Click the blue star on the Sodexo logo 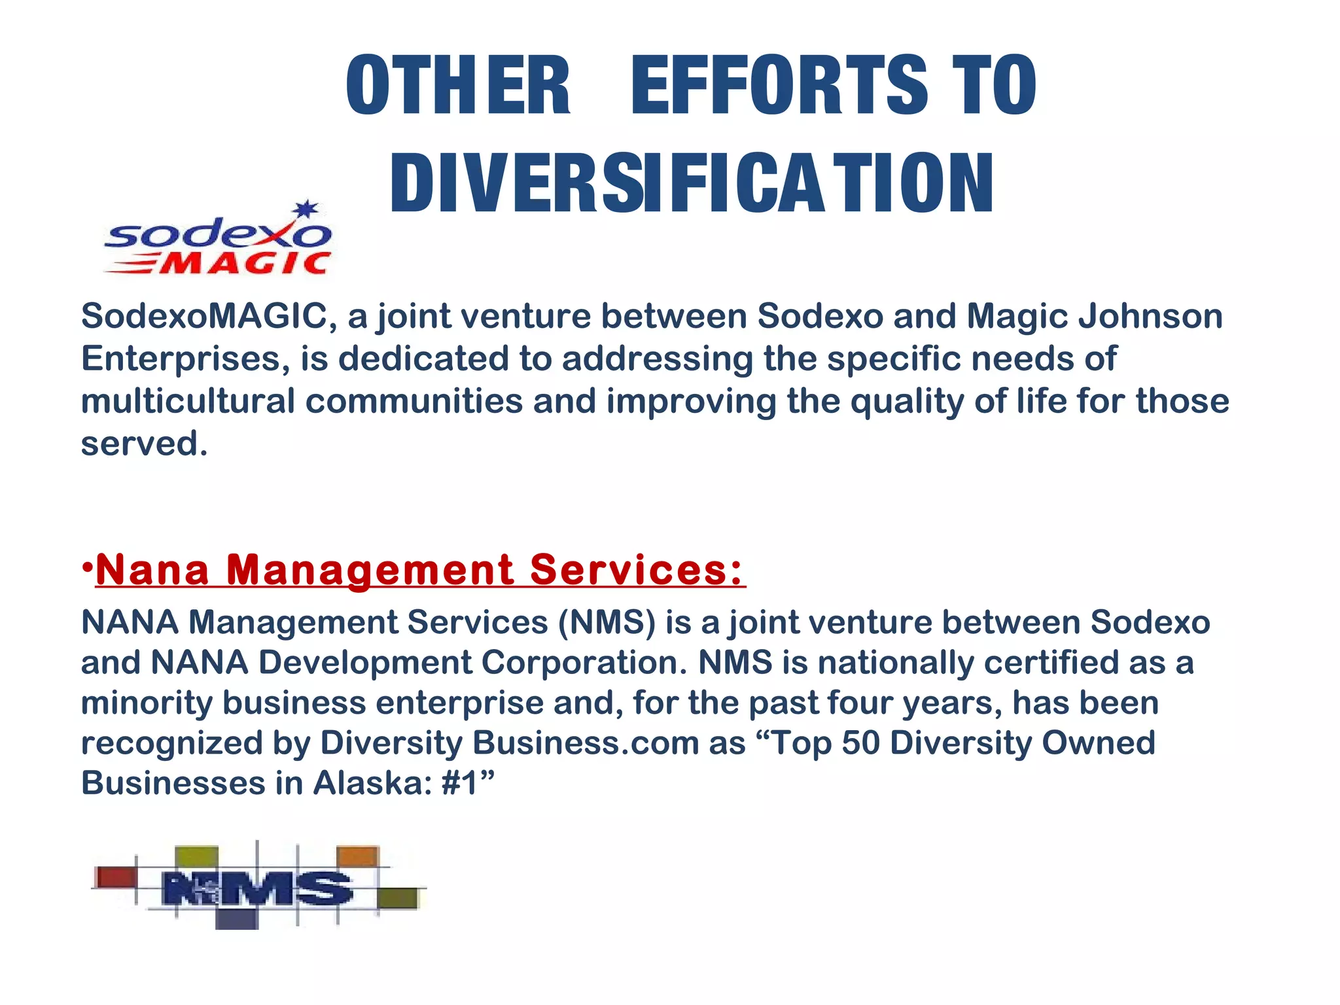tap(306, 210)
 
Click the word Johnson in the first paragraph tap(1150, 316)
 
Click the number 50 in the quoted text tap(860, 743)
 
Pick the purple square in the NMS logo tap(236, 919)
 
